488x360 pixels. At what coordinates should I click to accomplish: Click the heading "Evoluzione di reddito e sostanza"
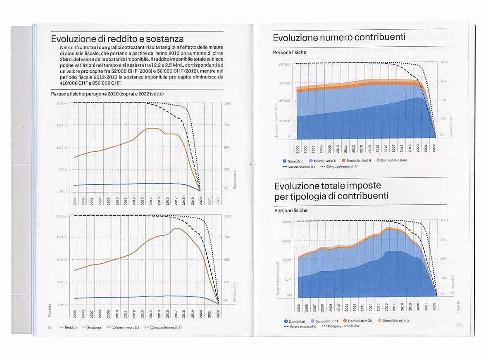[x=117, y=39]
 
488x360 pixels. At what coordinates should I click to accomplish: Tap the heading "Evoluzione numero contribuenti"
[x=339, y=38]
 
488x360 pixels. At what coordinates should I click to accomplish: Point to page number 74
[x=49, y=327]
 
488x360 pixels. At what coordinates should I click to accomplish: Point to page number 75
[x=458, y=325]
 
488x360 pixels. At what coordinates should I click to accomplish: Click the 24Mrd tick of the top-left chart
[x=61, y=103]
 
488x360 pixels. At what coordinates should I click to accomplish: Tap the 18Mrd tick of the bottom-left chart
[x=61, y=238]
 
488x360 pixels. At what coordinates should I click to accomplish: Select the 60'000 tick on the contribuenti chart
[x=284, y=64]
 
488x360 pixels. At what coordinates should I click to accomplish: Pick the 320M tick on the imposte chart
[x=287, y=222]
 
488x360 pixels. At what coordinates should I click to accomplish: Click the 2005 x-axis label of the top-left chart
[x=75, y=201]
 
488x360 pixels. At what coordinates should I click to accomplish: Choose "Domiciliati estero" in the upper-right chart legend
[x=394, y=160]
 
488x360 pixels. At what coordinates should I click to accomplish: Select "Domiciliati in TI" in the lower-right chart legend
[x=326, y=321]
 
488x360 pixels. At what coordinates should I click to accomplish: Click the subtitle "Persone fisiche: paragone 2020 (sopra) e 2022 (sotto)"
[x=107, y=94]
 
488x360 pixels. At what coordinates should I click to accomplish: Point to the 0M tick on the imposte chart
[x=289, y=296]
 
